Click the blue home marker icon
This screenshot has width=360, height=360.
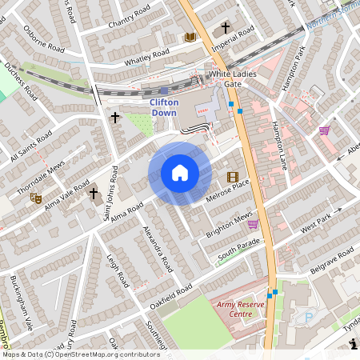click(180, 173)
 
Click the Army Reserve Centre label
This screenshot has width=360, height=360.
click(236, 309)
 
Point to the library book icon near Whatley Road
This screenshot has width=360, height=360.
click(190, 37)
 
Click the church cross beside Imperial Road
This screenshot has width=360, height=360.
click(226, 26)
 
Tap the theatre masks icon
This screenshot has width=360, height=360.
click(34, 196)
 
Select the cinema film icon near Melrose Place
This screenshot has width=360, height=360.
click(232, 177)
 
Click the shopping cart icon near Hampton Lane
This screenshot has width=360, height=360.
click(324, 130)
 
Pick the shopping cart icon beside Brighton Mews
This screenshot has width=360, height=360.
click(253, 224)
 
